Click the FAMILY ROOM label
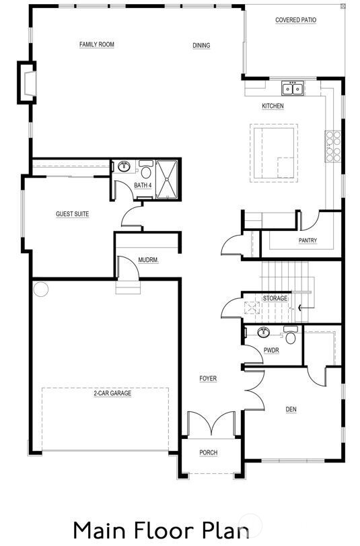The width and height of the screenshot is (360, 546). [97, 44]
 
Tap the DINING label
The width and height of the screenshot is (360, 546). [201, 46]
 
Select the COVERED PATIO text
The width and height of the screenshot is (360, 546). [295, 20]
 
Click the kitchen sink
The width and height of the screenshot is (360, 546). [293, 88]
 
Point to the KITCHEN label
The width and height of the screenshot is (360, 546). [273, 106]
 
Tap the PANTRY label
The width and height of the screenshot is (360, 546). [308, 241]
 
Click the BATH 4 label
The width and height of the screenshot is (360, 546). [143, 185]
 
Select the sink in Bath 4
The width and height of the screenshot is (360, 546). [124, 167]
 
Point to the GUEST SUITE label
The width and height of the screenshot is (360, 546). [72, 214]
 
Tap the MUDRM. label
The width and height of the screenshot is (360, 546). [148, 260]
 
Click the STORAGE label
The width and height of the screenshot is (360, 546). [275, 298]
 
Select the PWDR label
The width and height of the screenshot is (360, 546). [271, 350]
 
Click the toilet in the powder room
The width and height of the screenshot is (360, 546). [291, 336]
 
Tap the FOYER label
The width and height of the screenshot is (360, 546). [208, 379]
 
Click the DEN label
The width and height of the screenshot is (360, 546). [291, 409]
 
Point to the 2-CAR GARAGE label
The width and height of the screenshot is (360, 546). [112, 393]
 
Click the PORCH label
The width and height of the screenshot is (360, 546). [209, 452]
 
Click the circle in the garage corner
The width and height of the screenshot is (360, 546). [41, 289]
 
